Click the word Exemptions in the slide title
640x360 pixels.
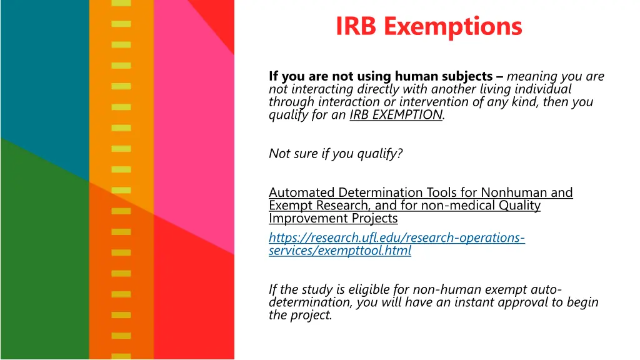[x=452, y=26]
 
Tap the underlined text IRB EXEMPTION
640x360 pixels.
[x=396, y=115]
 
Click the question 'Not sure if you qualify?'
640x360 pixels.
[x=336, y=154]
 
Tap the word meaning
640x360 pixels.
[x=532, y=77]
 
